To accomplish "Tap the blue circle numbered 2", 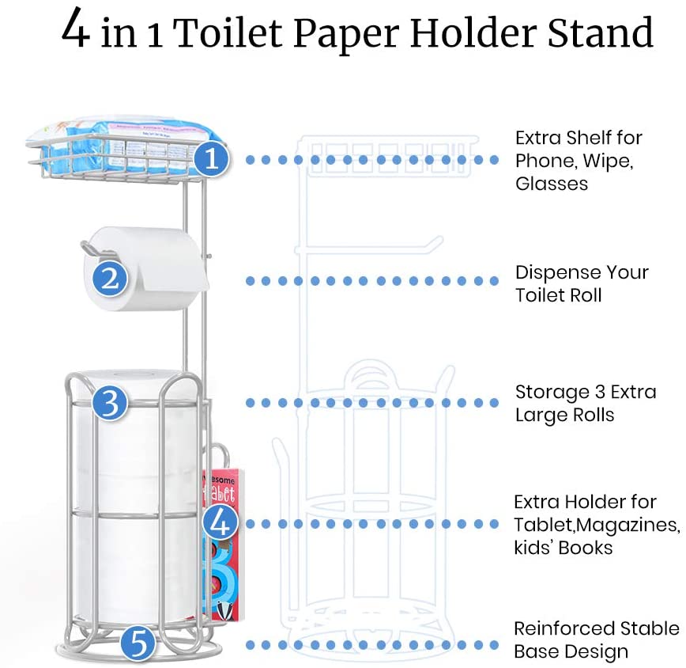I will tap(110, 279).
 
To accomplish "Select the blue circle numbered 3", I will tap(110, 403).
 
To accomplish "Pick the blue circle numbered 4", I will tap(221, 522).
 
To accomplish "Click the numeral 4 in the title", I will tap(76, 32).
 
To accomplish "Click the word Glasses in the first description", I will tap(552, 184).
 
